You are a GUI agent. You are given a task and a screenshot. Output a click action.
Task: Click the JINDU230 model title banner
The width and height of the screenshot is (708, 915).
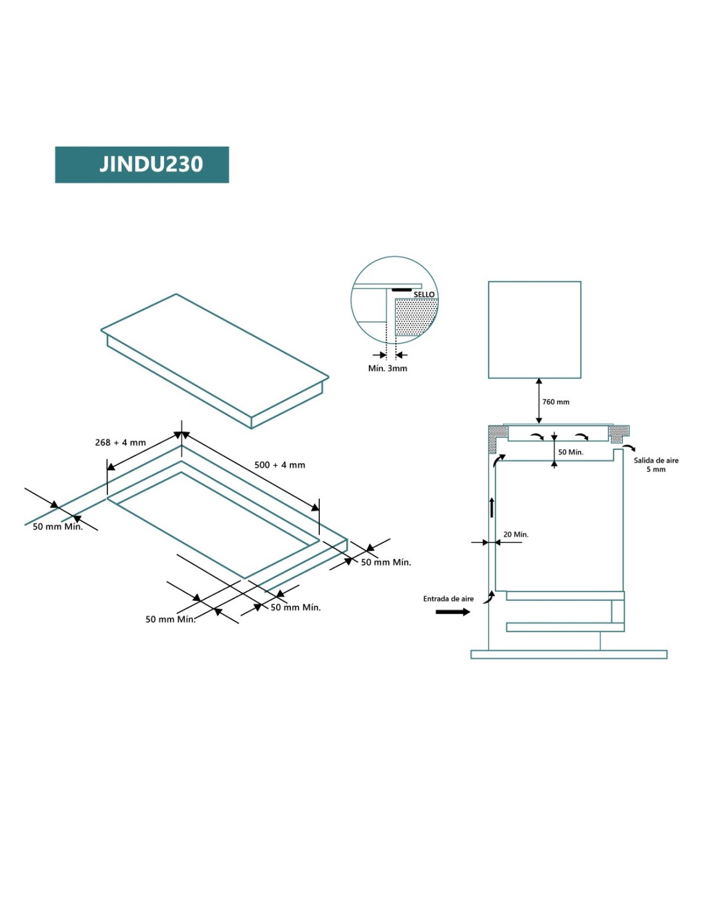point(142,165)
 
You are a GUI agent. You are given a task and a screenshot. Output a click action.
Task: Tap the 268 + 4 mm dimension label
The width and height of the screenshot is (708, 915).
point(120,443)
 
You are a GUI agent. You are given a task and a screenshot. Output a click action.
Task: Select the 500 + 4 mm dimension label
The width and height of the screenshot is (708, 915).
point(279,465)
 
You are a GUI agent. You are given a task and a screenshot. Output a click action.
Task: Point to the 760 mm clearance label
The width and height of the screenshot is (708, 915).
point(555,402)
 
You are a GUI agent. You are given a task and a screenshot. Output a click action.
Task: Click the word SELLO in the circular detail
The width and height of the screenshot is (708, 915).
point(424,295)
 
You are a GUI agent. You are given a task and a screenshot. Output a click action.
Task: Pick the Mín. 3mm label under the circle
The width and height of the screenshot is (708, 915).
point(387,368)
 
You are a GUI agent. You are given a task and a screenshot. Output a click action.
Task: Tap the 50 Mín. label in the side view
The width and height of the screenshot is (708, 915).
point(570,452)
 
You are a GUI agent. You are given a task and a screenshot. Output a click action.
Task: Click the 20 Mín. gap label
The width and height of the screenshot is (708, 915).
point(516,534)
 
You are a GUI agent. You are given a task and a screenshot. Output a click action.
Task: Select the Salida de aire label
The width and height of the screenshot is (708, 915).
point(656,461)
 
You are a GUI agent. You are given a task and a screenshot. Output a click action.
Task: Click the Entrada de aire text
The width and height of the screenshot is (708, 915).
point(448,598)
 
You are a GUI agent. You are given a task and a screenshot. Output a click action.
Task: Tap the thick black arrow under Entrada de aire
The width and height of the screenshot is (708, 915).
point(452,611)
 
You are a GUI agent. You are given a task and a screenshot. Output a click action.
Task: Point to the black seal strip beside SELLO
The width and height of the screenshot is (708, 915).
point(402,290)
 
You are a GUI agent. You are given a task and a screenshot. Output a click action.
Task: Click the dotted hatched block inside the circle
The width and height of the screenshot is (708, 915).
point(415,317)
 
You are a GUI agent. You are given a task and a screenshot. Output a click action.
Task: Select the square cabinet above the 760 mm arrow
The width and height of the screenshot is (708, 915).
point(534,329)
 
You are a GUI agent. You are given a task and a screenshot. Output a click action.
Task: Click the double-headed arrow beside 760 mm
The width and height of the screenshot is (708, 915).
point(539,402)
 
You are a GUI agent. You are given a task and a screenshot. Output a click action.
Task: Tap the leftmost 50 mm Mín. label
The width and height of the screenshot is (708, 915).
point(58,526)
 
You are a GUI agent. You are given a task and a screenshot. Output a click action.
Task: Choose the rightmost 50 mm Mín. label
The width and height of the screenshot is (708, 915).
point(386,562)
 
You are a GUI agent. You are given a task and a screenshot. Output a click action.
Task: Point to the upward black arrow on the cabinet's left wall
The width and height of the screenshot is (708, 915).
point(492,507)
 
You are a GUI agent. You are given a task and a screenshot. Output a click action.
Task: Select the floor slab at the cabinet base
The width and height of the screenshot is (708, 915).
point(568,654)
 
